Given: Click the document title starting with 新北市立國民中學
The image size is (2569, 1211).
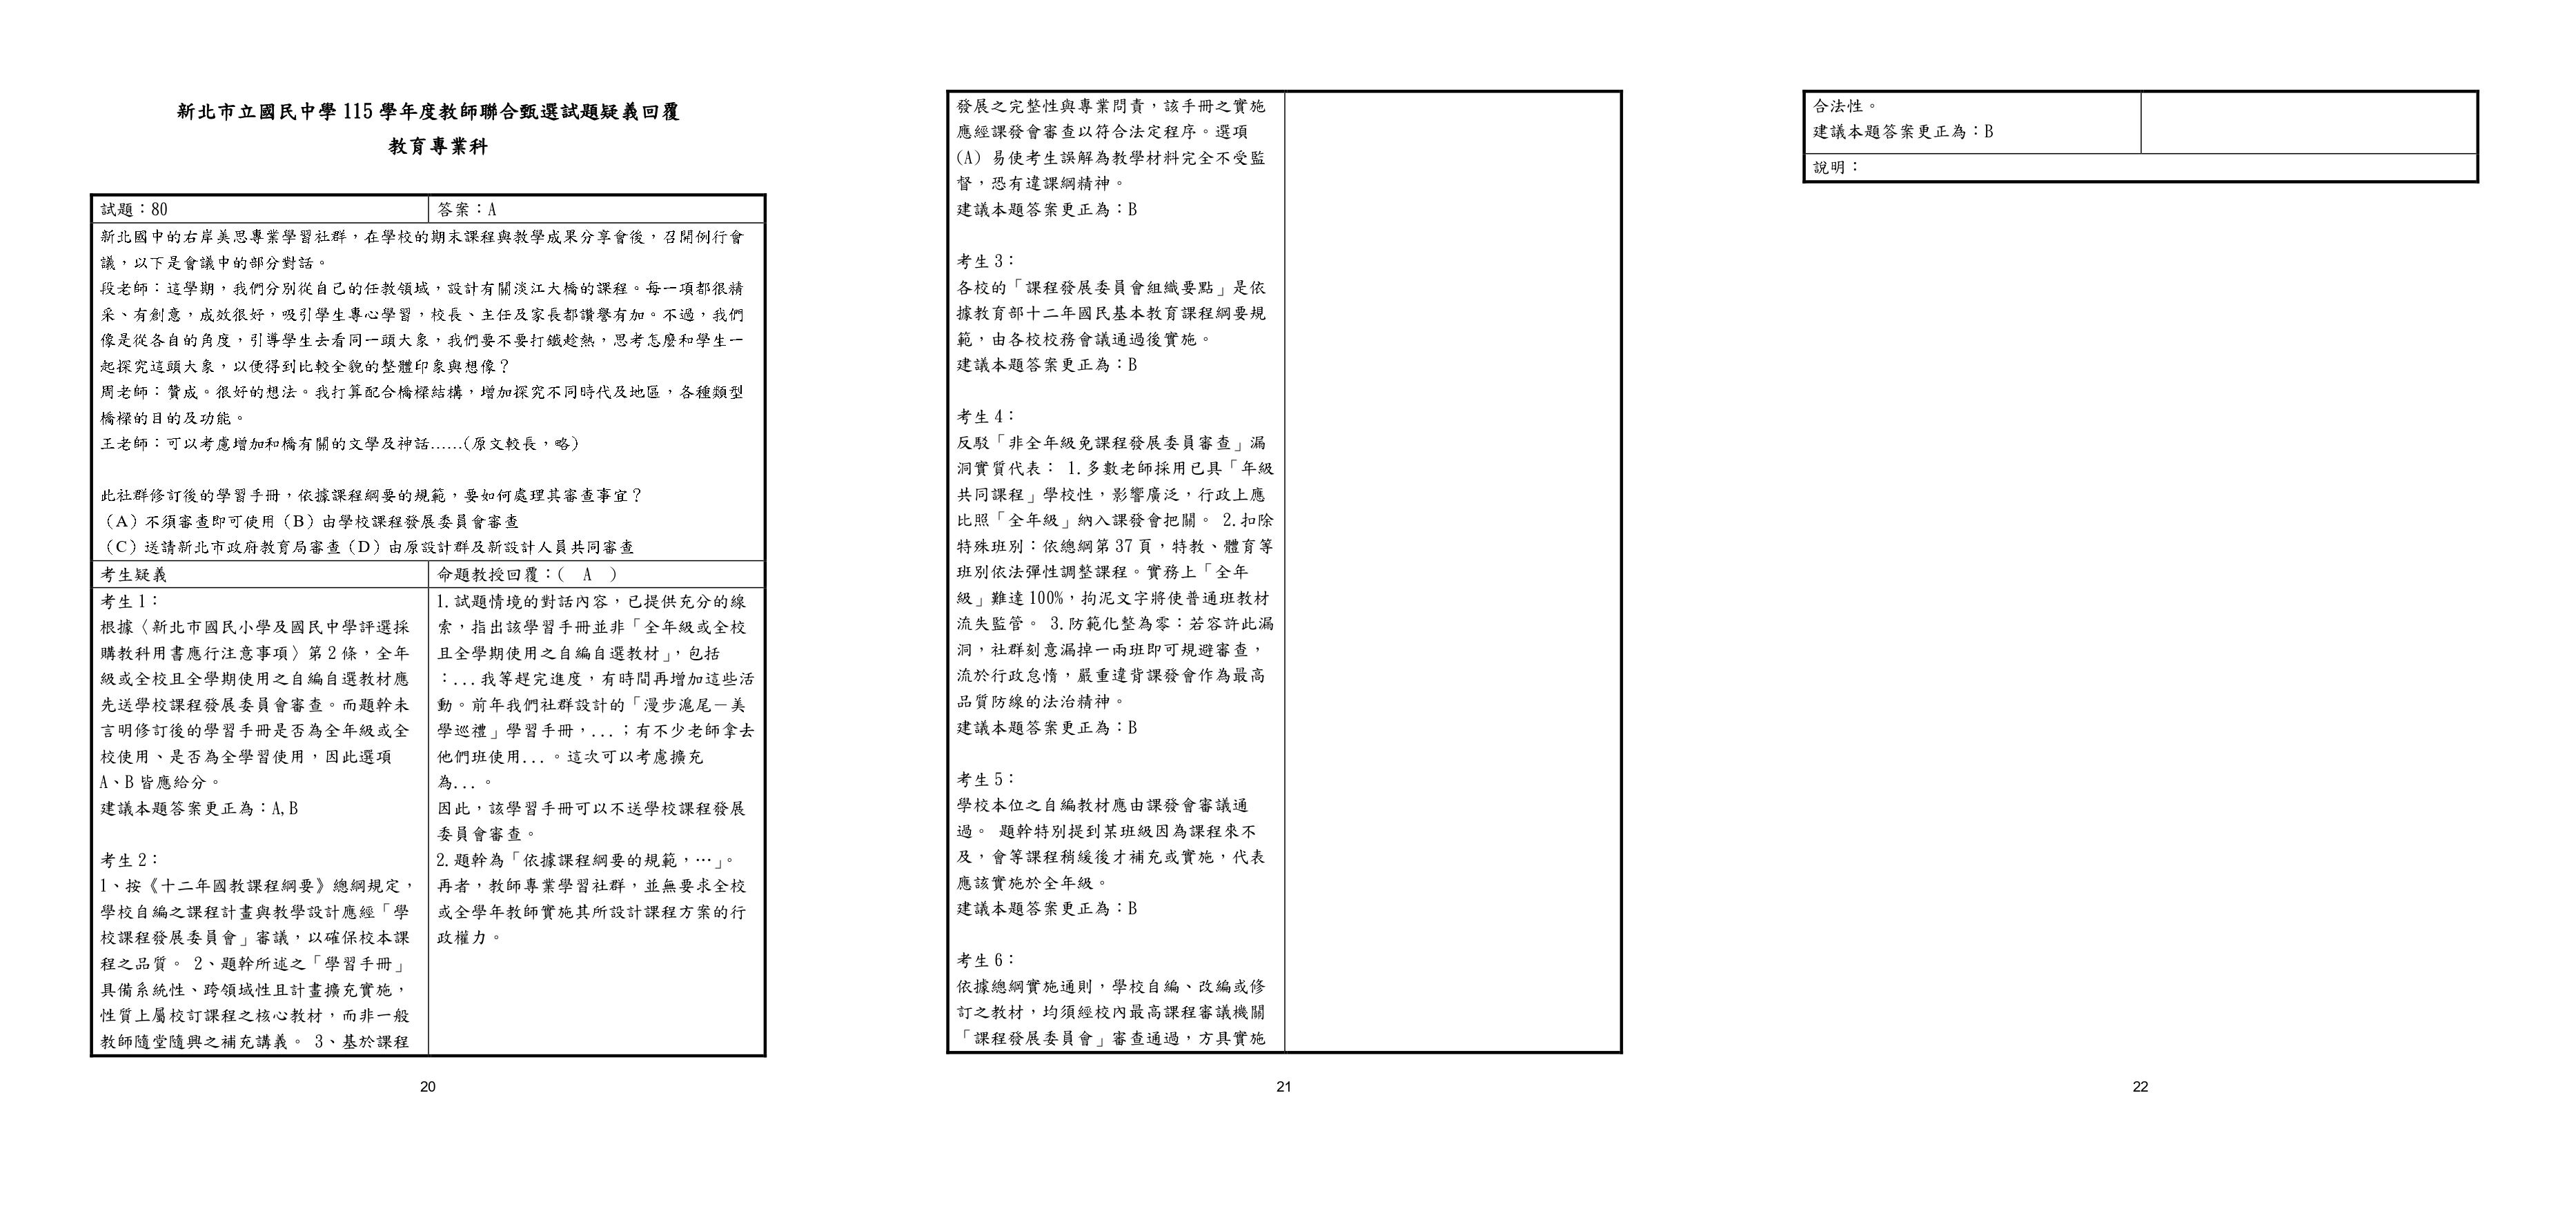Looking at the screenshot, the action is (x=428, y=112).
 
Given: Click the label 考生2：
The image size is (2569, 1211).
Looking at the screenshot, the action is (x=130, y=860).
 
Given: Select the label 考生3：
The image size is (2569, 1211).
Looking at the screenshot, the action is (x=986, y=262).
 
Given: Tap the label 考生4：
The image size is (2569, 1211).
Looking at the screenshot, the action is (x=986, y=417).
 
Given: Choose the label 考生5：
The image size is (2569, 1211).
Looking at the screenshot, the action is (x=986, y=779).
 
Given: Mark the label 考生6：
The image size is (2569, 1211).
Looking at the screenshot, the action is (x=986, y=961).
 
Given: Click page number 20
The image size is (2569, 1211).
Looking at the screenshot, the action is (x=428, y=1087).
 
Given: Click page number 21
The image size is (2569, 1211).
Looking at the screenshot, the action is (x=1283, y=1087).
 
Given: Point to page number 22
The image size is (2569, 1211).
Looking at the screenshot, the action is (x=2140, y=1087).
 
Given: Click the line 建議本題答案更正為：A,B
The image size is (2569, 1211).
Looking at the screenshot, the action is (x=199, y=808).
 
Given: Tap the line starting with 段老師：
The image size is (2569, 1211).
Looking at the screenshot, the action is (x=422, y=288).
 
